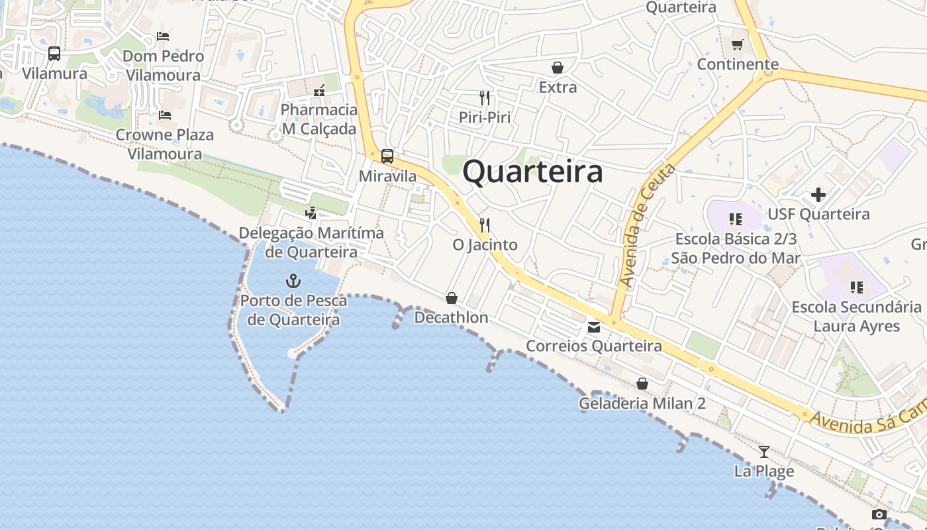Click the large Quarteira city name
point(532,172)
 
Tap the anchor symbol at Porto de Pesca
point(293,281)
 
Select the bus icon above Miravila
point(387,156)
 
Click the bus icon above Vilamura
point(54,54)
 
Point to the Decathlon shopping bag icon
point(452,298)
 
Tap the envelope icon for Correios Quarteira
point(593,327)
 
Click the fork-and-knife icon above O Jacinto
point(485,225)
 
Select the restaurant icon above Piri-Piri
point(485,98)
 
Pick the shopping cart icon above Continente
point(738,45)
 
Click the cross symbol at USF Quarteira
point(818,195)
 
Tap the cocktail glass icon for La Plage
point(764,452)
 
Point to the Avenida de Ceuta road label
point(647,225)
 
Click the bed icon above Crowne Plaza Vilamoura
point(165,115)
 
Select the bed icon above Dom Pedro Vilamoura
point(163,36)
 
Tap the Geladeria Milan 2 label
point(642,403)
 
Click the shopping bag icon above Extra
point(558,68)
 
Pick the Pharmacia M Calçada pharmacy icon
point(319,90)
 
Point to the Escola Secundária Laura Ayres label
point(856,316)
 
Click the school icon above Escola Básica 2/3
point(735,219)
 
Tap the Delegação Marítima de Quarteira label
point(311,242)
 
